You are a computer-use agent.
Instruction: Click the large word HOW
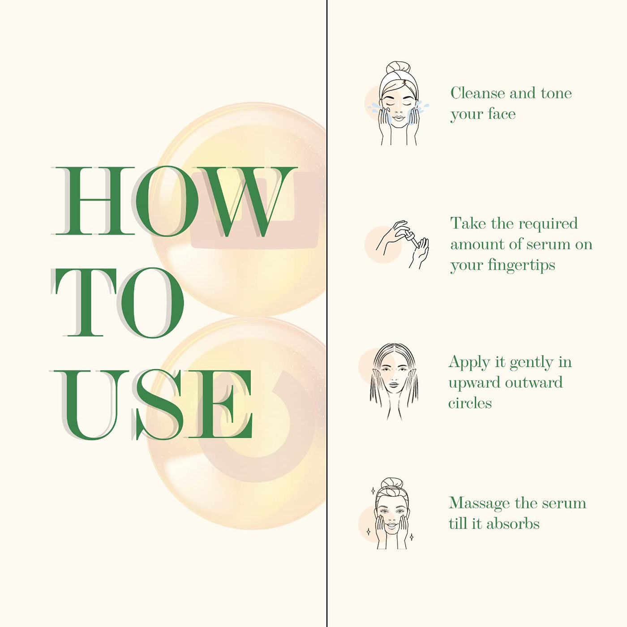click(x=175, y=201)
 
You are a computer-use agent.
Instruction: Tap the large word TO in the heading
click(x=117, y=303)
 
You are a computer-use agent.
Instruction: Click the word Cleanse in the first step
click(x=478, y=93)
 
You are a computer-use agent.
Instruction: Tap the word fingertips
click(x=521, y=266)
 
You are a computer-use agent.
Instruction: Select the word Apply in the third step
click(x=469, y=362)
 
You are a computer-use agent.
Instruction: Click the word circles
click(x=470, y=404)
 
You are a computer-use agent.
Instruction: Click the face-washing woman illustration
click(x=398, y=103)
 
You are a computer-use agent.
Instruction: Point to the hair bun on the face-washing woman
click(x=398, y=68)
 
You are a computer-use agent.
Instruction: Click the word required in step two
click(x=548, y=224)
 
